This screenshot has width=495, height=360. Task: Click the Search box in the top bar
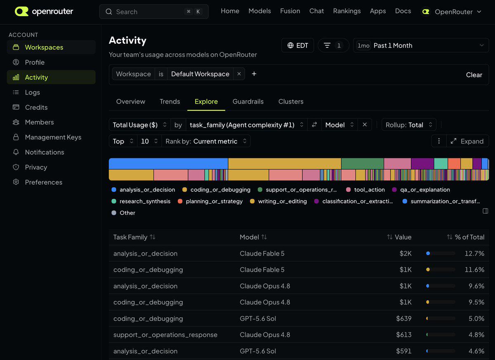(x=153, y=12)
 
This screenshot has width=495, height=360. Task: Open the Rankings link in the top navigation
(x=347, y=11)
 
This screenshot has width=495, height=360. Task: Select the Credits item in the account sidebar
(x=36, y=107)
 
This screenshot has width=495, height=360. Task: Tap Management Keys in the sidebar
(x=53, y=137)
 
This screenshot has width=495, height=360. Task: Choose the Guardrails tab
(x=248, y=101)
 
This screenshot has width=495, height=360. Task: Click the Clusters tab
(x=291, y=101)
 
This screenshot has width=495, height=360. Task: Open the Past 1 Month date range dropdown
(x=421, y=45)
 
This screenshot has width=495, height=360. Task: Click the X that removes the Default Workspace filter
(x=239, y=74)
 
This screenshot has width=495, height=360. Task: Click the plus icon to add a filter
(x=254, y=74)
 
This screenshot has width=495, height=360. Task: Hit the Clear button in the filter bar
(x=474, y=75)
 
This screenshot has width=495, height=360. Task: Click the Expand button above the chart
(x=467, y=141)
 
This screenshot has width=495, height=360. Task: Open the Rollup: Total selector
(x=409, y=125)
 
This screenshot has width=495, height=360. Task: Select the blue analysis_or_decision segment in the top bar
(x=168, y=164)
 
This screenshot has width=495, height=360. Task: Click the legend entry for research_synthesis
(x=141, y=201)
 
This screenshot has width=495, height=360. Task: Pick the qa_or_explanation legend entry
(x=421, y=190)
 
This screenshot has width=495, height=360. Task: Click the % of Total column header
(x=465, y=237)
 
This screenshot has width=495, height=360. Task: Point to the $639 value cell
(x=403, y=318)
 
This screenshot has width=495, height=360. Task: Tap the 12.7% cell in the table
(x=474, y=253)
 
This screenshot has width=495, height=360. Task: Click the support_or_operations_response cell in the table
(x=165, y=335)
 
